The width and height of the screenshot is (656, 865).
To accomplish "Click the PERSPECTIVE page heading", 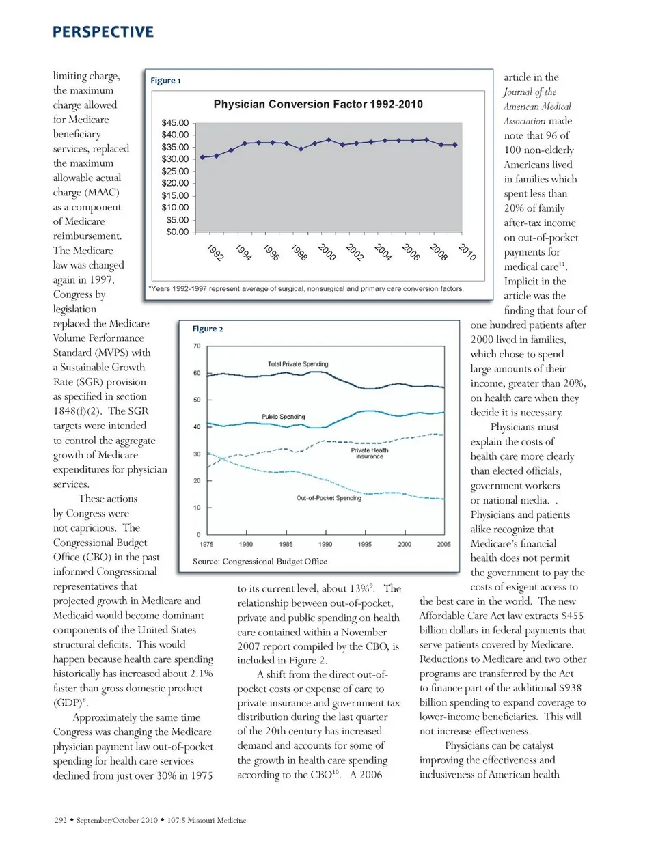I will [103, 32].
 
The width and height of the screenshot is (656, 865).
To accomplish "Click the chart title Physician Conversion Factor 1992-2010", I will [318, 105].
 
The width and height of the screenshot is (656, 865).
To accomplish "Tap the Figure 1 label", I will [165, 81].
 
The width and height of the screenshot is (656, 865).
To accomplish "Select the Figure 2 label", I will [208, 329].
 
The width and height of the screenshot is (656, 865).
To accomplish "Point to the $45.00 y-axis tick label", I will [175, 123].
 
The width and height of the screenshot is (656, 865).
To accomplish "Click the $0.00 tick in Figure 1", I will [177, 232].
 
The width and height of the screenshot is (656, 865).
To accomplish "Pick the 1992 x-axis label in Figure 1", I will [215, 252].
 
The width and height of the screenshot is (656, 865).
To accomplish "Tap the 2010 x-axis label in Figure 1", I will [467, 252].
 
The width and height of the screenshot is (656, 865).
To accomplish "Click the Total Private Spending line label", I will [297, 364].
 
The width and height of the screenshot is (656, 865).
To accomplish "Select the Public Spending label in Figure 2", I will [284, 417].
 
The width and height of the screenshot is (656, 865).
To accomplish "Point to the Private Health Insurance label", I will [369, 453].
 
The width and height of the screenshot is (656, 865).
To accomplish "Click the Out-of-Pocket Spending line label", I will [329, 498].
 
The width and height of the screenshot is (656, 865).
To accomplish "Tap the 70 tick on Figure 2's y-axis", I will [197, 346].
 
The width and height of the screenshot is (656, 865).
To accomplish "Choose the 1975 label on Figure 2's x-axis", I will [206, 545].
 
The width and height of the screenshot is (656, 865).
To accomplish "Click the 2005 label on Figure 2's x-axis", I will [444, 545].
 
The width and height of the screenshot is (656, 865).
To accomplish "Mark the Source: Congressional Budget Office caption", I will [260, 562].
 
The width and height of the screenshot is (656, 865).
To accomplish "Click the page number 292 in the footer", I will [61, 820].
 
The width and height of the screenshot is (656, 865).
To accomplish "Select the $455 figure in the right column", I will [573, 616].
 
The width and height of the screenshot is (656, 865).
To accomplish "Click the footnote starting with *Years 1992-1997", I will [305, 289].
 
